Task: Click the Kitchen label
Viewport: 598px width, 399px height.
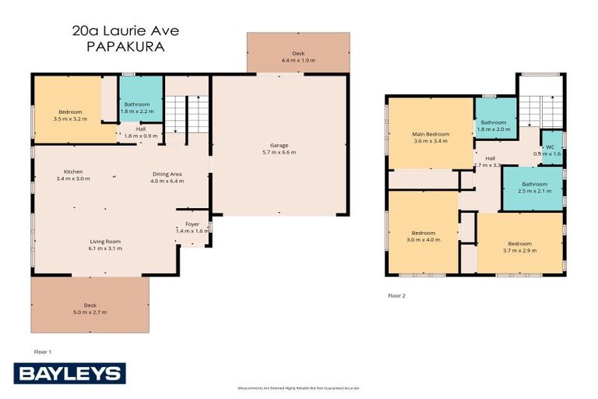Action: (x=74, y=171)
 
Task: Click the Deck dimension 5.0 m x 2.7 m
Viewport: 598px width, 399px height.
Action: (x=90, y=312)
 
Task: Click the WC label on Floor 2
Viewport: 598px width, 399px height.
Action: (x=551, y=146)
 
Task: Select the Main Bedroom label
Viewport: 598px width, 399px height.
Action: (x=430, y=134)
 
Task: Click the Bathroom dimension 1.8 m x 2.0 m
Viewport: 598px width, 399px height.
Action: (x=494, y=130)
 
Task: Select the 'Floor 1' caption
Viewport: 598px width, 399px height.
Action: (x=43, y=351)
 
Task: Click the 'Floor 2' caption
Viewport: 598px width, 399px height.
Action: (x=396, y=296)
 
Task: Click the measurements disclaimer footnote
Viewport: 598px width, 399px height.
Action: (x=298, y=387)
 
